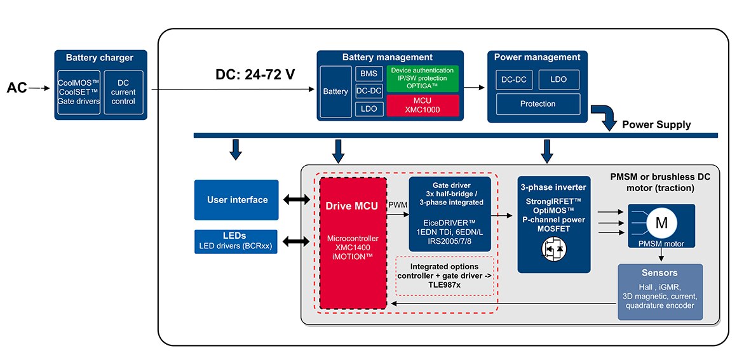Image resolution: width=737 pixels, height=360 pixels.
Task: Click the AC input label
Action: click(x=17, y=88)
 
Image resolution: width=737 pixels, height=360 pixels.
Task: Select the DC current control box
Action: click(x=123, y=92)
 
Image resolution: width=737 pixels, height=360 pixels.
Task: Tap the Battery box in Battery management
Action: click(x=335, y=91)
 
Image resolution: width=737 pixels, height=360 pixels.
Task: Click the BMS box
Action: click(x=368, y=74)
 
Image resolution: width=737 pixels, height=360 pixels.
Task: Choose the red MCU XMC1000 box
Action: click(x=423, y=105)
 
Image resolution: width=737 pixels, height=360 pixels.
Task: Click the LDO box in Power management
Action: click(x=559, y=79)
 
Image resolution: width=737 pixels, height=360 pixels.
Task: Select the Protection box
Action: click(x=538, y=103)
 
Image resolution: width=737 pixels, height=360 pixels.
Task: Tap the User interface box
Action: click(x=237, y=200)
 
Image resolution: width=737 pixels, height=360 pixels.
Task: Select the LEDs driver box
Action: click(x=237, y=242)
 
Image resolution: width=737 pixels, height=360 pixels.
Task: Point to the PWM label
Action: click(x=398, y=204)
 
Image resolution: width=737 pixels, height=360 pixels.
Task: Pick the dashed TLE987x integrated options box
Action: click(x=444, y=276)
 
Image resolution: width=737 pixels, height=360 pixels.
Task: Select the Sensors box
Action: click(x=660, y=292)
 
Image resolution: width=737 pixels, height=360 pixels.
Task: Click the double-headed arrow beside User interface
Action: click(x=297, y=200)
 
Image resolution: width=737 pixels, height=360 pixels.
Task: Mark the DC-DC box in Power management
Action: click(x=513, y=79)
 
